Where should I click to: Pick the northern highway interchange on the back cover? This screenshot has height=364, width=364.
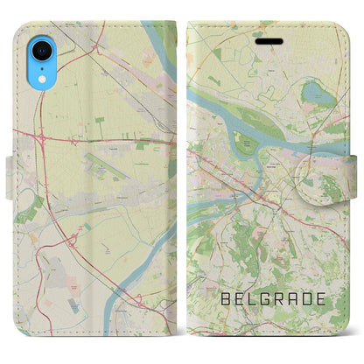tap(41, 138)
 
